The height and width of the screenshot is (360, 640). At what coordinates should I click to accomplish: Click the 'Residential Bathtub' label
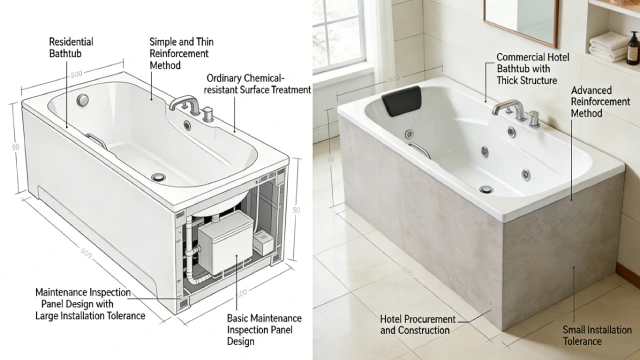(x=71, y=49)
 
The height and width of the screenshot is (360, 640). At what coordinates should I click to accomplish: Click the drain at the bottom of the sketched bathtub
(x=158, y=176)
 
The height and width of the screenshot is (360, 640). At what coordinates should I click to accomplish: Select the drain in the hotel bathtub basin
(x=486, y=188)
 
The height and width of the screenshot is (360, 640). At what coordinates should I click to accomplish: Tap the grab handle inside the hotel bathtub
(x=420, y=149)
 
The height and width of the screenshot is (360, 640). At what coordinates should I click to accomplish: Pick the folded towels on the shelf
(x=607, y=44)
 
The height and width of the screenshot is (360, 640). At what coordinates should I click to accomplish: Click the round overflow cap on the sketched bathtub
(x=82, y=100)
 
